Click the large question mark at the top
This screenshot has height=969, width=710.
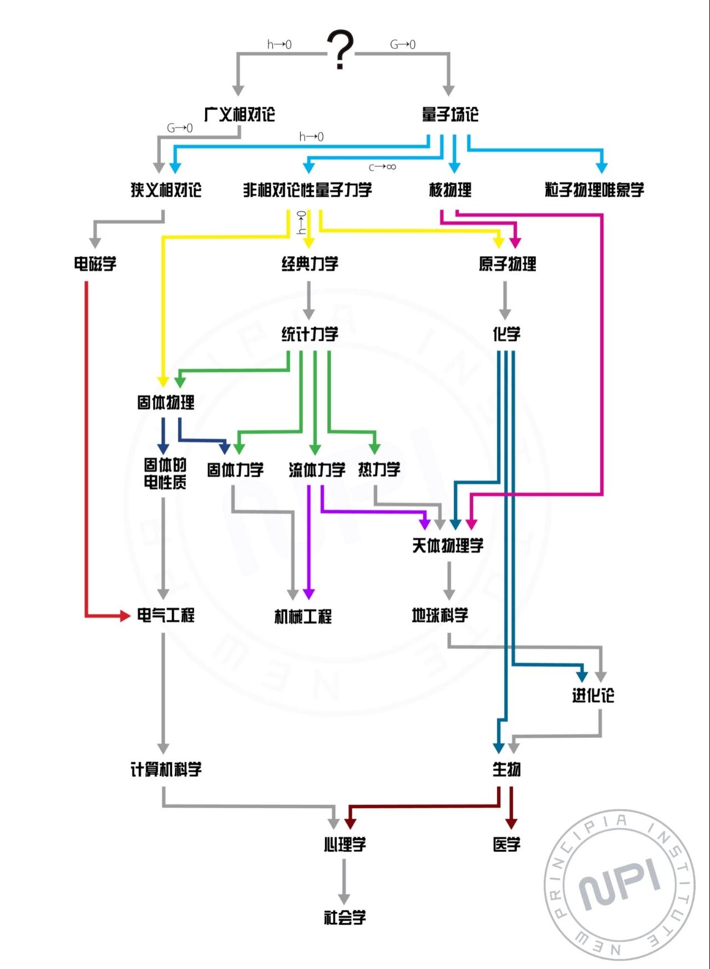[340, 50]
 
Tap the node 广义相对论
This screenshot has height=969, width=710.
[239, 115]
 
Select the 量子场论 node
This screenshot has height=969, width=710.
[450, 115]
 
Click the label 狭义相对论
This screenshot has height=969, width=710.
[166, 190]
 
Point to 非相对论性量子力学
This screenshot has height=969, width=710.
[307, 190]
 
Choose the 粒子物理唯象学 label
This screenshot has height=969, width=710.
[594, 190]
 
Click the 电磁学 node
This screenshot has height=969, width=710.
[95, 264]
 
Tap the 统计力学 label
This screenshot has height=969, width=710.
[310, 334]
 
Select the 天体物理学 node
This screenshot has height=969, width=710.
[448, 546]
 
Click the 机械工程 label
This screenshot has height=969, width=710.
[303, 616]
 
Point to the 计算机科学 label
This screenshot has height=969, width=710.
[166, 769]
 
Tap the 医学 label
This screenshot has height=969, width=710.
[506, 845]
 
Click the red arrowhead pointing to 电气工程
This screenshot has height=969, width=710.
[124, 615]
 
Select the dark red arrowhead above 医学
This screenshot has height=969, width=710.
[511, 822]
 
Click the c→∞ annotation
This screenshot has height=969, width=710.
[382, 167]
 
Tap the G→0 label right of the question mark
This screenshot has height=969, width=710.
[403, 44]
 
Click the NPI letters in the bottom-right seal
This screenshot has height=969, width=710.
[620, 884]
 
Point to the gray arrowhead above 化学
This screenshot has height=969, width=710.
[505, 314]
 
